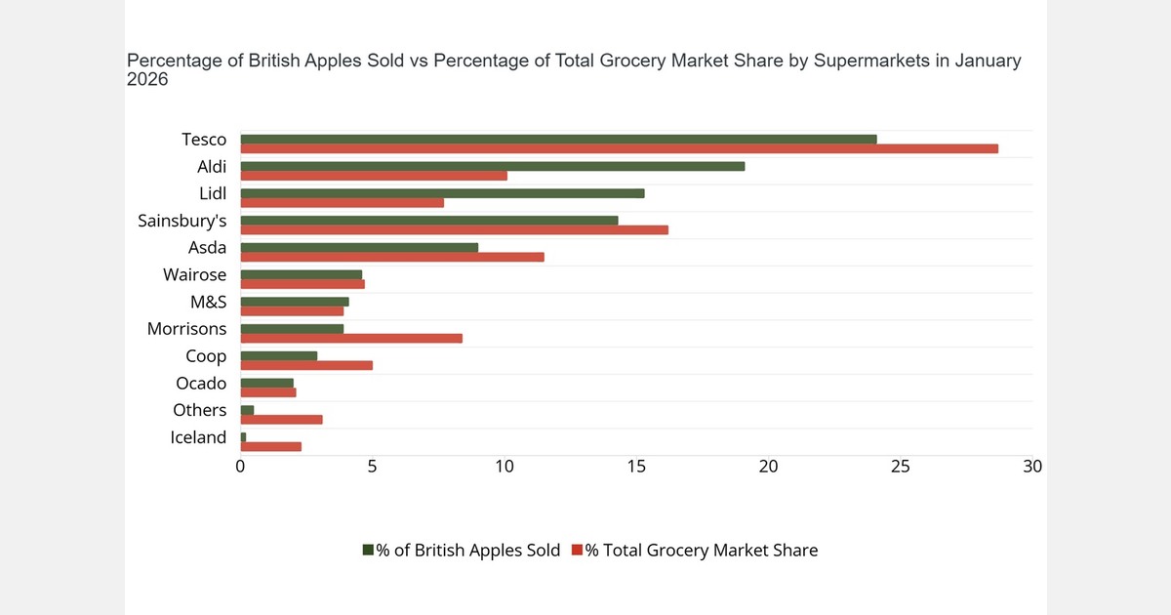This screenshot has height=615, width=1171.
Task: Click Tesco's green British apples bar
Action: (x=558, y=140)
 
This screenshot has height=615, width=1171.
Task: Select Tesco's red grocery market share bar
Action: (x=619, y=149)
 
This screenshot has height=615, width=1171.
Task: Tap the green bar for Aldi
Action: (x=492, y=166)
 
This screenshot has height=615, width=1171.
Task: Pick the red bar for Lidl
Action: (x=342, y=203)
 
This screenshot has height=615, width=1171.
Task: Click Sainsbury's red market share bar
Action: (x=454, y=230)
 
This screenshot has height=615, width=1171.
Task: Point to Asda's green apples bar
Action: (x=359, y=247)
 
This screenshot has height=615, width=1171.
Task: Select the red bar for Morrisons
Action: (x=351, y=339)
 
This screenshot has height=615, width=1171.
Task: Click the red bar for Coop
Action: (x=306, y=365)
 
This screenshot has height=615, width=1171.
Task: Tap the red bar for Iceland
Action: (x=270, y=447)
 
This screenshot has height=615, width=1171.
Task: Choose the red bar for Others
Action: (x=281, y=420)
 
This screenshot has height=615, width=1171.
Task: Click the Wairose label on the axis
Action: (x=194, y=275)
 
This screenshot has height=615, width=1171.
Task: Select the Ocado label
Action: (x=201, y=384)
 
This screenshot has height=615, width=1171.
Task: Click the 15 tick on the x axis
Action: (x=636, y=467)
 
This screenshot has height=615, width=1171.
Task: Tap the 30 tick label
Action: (x=1032, y=467)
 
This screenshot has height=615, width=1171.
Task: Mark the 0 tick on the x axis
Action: (x=240, y=467)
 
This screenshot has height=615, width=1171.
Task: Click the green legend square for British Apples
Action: (x=368, y=551)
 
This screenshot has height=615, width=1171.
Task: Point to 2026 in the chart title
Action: (x=147, y=80)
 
